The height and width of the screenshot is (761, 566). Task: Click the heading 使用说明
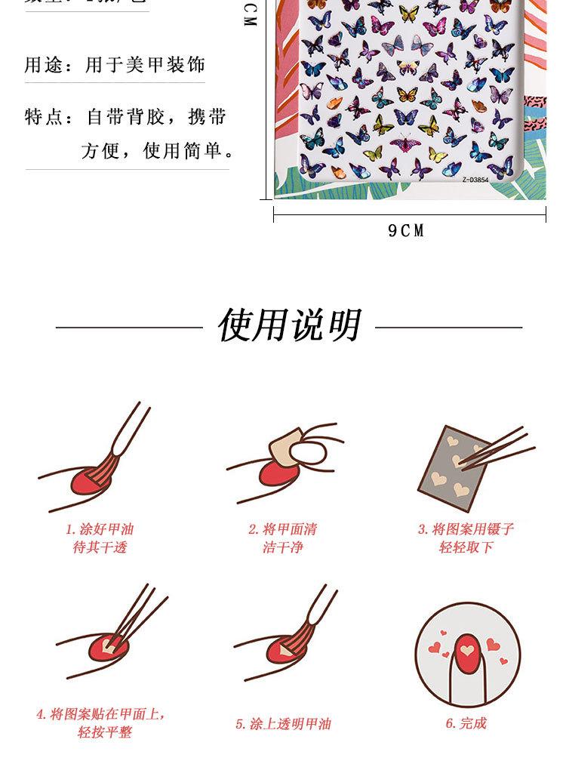tap(289, 326)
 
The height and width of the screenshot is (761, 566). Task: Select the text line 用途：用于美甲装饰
tap(115, 66)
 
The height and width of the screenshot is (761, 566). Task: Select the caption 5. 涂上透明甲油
tap(283, 723)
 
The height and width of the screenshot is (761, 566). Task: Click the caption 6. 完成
tap(466, 723)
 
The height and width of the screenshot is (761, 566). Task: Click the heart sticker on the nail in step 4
tap(109, 647)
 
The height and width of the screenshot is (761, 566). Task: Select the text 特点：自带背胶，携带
tap(125, 118)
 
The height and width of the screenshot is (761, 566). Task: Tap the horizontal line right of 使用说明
tap(448, 328)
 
